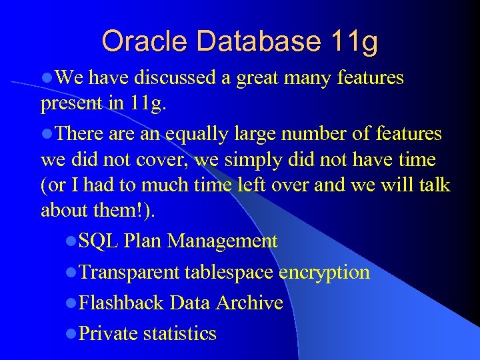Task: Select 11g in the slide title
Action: coord(354,43)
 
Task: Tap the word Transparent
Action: coord(129,272)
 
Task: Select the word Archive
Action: coord(250,303)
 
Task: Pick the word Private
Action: coord(108,333)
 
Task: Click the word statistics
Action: coord(180,333)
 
